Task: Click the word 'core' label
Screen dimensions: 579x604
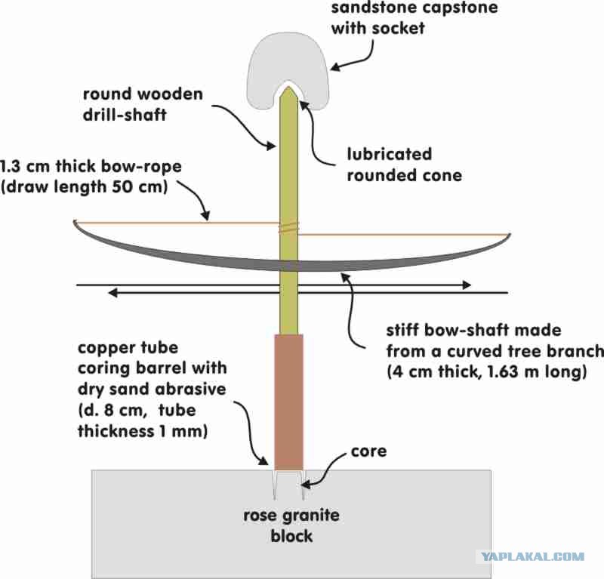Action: pyautogui.click(x=368, y=451)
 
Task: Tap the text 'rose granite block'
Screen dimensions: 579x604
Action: pyautogui.click(x=291, y=526)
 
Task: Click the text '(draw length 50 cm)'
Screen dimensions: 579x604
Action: pyautogui.click(x=85, y=186)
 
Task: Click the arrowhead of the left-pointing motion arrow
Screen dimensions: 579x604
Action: pyautogui.click(x=120, y=291)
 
